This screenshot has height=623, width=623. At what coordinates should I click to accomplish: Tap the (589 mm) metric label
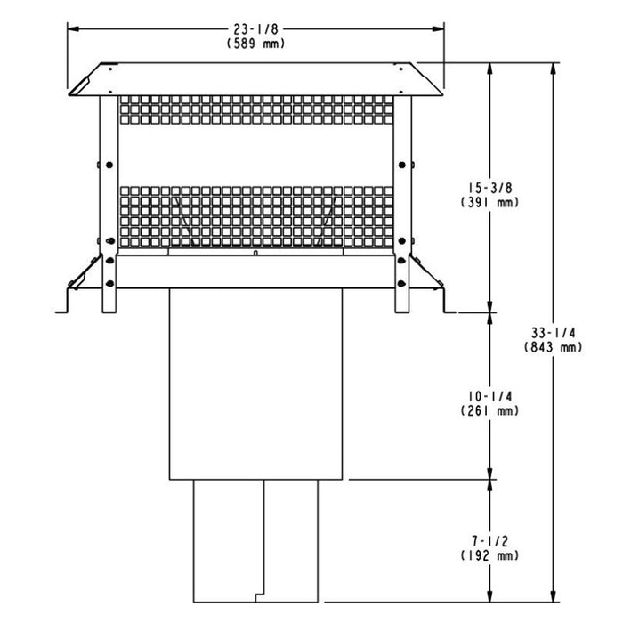255,43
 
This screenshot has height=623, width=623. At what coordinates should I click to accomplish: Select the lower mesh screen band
255,215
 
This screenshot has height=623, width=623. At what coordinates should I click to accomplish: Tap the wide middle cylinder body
255,383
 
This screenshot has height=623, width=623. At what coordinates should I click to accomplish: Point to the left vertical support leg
107,205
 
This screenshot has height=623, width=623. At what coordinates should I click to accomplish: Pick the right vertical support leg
403,205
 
